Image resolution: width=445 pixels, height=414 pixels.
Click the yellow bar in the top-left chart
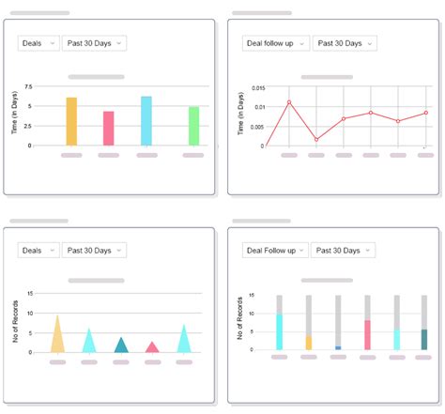pyautogui.click(x=71, y=121)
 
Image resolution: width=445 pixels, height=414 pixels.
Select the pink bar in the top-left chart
pyautogui.click(x=109, y=129)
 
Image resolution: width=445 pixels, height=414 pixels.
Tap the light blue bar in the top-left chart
pyautogui.click(x=146, y=121)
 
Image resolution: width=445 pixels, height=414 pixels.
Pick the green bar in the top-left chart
pyautogui.click(x=193, y=126)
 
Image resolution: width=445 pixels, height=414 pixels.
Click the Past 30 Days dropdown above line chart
pyautogui.click(x=345, y=43)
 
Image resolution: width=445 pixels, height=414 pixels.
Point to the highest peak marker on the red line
pyautogui.click(x=289, y=102)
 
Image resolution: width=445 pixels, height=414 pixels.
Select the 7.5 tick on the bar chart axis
pyautogui.click(x=28, y=87)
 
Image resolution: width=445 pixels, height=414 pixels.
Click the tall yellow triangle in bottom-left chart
pyautogui.click(x=57, y=336)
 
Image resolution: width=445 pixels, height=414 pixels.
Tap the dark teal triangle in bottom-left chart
pyautogui.click(x=120, y=345)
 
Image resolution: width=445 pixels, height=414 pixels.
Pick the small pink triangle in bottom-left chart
pyautogui.click(x=152, y=347)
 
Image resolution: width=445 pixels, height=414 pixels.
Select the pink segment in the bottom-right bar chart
pyautogui.click(x=367, y=334)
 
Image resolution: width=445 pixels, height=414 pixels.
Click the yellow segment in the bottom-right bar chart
pyautogui.click(x=309, y=343)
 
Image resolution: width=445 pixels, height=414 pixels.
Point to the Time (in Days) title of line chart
pyautogui.click(x=241, y=118)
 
